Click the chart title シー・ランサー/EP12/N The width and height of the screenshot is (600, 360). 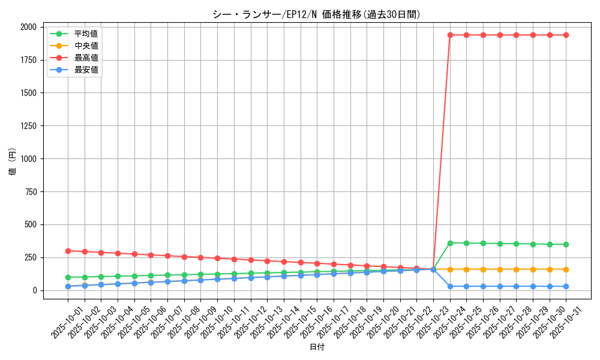coord(316,14)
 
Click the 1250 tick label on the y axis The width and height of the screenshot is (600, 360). coord(28,126)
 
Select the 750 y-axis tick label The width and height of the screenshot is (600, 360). coord(31,192)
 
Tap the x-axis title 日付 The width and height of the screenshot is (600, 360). coord(317,347)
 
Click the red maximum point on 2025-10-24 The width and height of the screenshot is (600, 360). coord(450,35)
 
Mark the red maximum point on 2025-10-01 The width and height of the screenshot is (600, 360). coord(68,251)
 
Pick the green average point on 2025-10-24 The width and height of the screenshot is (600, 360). coord(450,243)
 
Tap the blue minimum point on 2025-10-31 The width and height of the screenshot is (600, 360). coord(566,286)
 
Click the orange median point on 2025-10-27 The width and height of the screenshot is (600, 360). coord(500,269)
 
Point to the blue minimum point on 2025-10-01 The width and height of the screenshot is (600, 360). coord(68,286)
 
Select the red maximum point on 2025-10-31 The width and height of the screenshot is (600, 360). coord(566,35)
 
